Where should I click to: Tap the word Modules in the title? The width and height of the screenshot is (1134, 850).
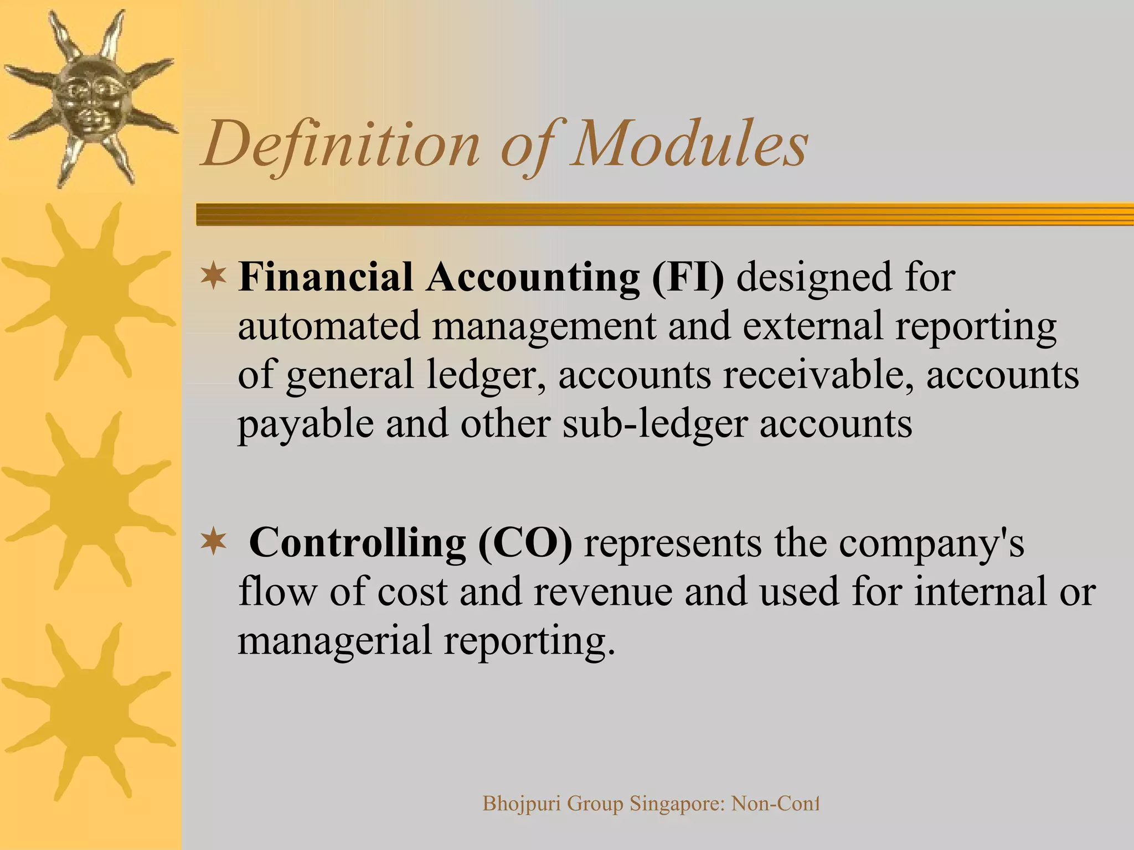689,145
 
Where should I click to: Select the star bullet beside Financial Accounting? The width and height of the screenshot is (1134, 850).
213,277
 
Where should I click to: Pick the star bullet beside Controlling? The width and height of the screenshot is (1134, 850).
213,543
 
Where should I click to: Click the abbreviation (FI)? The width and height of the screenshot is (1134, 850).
687,277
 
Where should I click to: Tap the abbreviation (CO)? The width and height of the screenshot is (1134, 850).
525,543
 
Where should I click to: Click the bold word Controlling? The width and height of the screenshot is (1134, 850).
358,543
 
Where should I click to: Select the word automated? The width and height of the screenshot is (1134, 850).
329,326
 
